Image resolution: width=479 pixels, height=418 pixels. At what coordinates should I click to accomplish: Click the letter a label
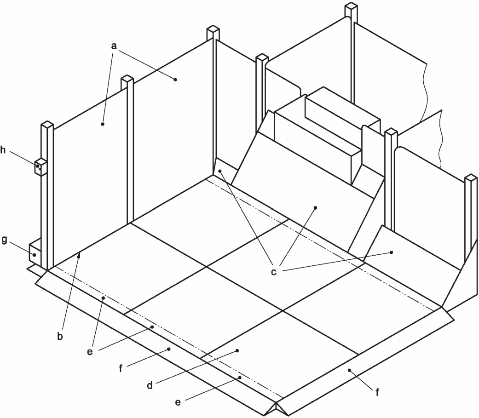[114, 46]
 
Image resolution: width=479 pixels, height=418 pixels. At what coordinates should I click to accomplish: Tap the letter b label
[60, 336]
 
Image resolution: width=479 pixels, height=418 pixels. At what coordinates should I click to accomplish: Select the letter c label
[274, 271]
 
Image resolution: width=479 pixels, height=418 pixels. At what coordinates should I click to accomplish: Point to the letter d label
[150, 386]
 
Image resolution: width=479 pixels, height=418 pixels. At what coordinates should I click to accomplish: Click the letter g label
[4, 240]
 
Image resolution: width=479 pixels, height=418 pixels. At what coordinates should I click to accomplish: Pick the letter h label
[3, 150]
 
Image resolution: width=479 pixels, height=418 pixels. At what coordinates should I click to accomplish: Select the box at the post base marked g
[35, 250]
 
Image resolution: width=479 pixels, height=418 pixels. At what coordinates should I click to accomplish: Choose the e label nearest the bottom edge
[178, 402]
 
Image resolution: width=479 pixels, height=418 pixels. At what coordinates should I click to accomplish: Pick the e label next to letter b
[90, 352]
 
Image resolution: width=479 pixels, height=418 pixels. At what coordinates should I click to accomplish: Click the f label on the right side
[377, 392]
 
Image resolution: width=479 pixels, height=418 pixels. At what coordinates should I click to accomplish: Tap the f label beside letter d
[121, 368]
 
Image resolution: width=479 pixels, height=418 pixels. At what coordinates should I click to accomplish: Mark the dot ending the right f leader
[349, 370]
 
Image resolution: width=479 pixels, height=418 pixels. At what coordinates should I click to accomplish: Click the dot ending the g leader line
[35, 255]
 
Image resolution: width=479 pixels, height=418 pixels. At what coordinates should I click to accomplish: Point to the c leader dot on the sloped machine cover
[316, 208]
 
